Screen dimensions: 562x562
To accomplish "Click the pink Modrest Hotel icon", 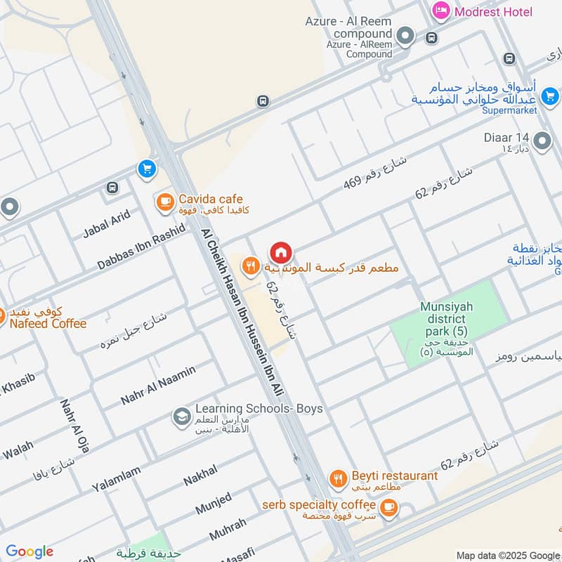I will pyautogui.click(x=441, y=11).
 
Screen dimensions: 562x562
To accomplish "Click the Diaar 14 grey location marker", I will pyautogui.click(x=542, y=141).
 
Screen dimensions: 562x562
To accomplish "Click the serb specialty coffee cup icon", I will pyautogui.click(x=388, y=506).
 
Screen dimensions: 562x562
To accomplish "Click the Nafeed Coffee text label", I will pyautogui.click(x=48, y=323).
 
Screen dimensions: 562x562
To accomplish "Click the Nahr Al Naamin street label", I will pyautogui.click(x=158, y=385).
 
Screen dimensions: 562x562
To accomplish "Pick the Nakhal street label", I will pyautogui.click(x=200, y=476).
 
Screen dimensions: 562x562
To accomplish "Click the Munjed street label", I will pyautogui.click(x=214, y=503).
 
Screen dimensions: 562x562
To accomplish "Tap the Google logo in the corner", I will pyautogui.click(x=30, y=551).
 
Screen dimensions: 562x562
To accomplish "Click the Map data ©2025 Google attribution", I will pyautogui.click(x=507, y=554).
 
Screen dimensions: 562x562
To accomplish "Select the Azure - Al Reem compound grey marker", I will pyautogui.click(x=405, y=35).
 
